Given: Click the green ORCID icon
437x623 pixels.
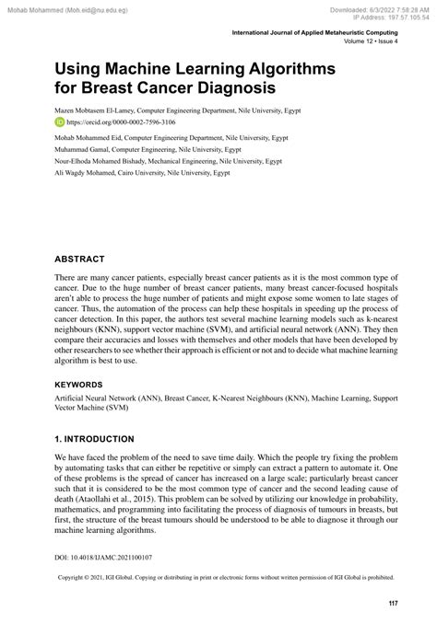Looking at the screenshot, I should pos(60,120).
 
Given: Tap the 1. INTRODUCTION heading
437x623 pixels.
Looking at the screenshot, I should pos(94,440).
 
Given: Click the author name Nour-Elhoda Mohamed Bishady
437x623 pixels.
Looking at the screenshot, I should pos(107,159).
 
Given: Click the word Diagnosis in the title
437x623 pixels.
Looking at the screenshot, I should pos(220,88).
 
